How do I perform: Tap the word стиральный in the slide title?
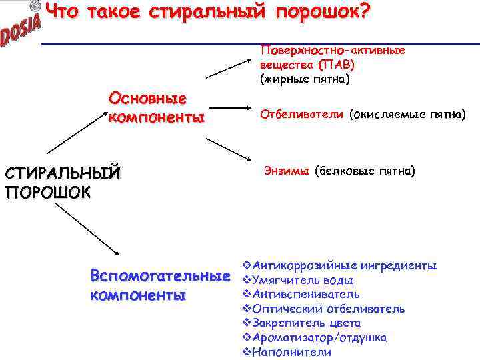[205, 11]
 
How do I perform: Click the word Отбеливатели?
[302, 114]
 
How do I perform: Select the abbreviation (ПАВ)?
[337, 65]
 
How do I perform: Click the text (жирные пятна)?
[305, 79]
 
